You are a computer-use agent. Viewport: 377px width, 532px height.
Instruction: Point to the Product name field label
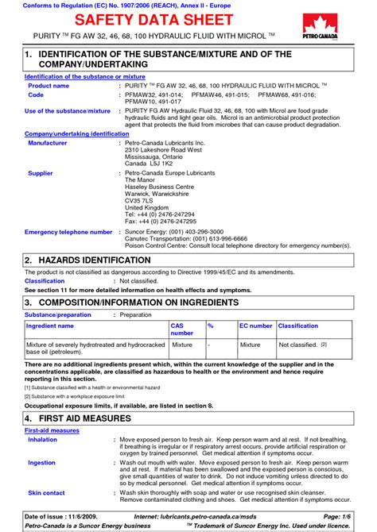click(49, 85)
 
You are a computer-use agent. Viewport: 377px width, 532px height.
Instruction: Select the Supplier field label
click(41, 172)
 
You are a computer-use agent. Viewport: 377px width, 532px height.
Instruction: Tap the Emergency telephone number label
click(68, 232)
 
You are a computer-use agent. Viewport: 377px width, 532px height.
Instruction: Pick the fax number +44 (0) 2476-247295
click(160, 221)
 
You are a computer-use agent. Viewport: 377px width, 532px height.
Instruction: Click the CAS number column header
click(182, 330)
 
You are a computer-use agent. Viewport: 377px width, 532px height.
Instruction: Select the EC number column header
click(255, 326)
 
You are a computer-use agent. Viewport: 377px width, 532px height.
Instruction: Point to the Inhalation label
click(42, 438)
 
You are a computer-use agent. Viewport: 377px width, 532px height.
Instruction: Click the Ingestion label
click(41, 461)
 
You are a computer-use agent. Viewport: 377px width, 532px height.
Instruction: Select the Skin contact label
click(46, 493)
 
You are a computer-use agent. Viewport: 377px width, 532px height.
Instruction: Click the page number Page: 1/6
click(353, 516)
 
